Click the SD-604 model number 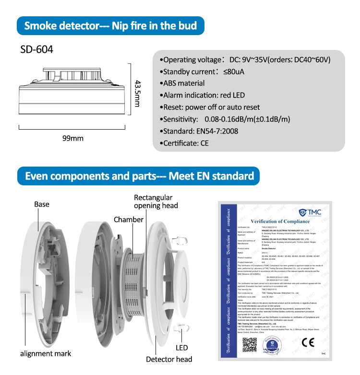(x=37, y=49)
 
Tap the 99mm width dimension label (x=73, y=138)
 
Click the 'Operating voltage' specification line (x=245, y=60)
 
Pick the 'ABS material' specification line (x=182, y=83)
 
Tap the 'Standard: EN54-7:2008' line (x=199, y=131)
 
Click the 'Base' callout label (x=42, y=204)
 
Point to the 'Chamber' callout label (x=129, y=219)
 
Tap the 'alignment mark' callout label (x=46, y=353)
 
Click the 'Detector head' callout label (x=169, y=359)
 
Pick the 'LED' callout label (x=181, y=347)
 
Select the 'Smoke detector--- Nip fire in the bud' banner (x=110, y=25)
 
